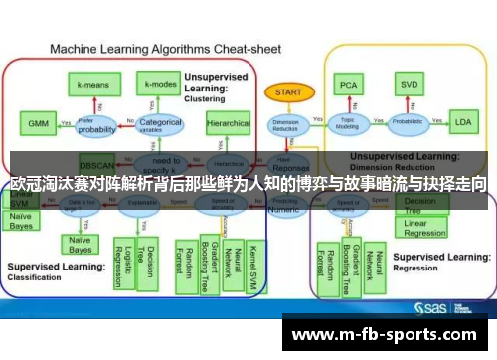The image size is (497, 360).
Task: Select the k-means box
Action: (x=95, y=86)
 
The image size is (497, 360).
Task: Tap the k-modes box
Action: (x=159, y=84)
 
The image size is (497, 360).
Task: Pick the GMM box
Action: (x=38, y=123)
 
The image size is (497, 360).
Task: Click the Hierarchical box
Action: (x=229, y=124)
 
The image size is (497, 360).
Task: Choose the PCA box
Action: (x=348, y=85)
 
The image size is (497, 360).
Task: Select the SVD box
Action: (x=407, y=85)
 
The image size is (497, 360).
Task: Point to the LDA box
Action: (x=462, y=123)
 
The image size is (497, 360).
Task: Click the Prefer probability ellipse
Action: (x=96, y=125)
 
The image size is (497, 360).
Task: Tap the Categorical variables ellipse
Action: (x=159, y=125)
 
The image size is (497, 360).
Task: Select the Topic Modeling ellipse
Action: (x=347, y=124)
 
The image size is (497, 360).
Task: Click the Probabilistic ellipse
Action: (x=407, y=124)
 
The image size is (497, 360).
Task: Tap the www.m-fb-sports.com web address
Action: (x=389, y=334)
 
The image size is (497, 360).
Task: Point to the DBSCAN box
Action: (x=96, y=161)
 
